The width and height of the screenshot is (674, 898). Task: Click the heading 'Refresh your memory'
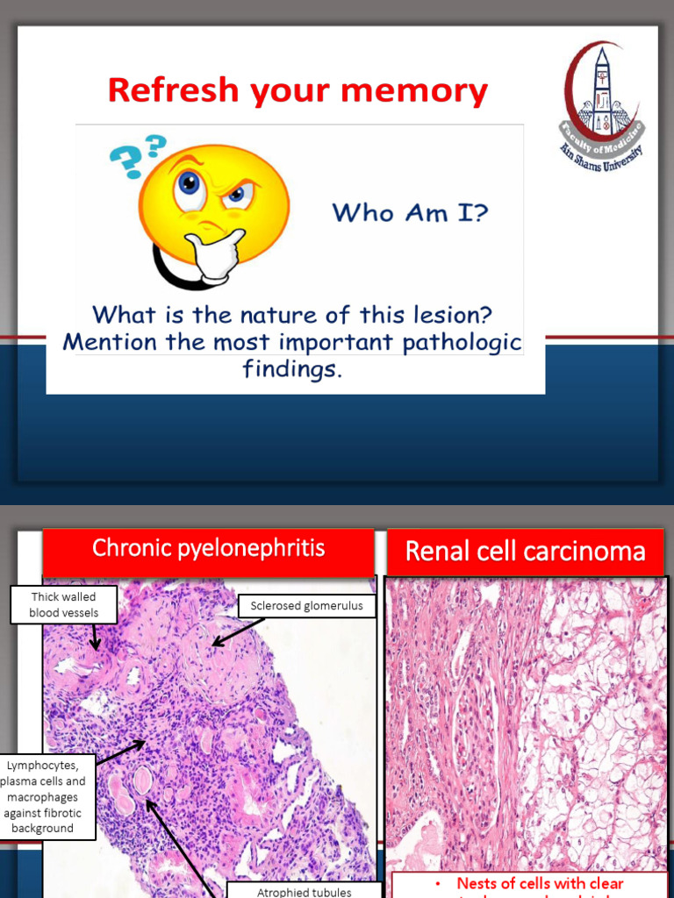[x=297, y=91]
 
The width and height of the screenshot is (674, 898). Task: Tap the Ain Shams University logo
[x=602, y=106]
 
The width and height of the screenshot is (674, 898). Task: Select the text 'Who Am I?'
[x=409, y=212]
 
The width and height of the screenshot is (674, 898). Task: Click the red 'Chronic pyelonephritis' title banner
[x=209, y=550]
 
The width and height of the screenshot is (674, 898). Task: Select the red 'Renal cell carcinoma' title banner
[x=525, y=552]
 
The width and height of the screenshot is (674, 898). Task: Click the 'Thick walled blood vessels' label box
[x=63, y=604]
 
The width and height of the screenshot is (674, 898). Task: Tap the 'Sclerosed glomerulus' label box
[x=306, y=605]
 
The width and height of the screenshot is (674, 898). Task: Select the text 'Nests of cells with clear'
[x=539, y=883]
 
